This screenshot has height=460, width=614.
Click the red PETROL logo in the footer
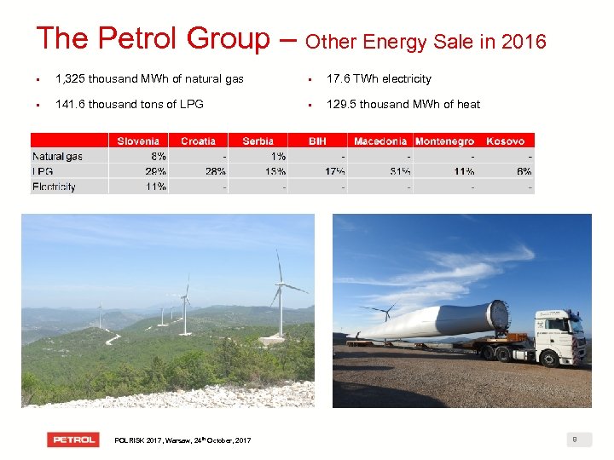[74, 440]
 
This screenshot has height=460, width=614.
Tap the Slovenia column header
[138, 141]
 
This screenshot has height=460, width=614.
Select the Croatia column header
[198, 141]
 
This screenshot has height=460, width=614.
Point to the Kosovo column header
[505, 141]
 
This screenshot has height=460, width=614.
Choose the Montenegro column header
[444, 141]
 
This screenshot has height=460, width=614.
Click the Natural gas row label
[57, 156]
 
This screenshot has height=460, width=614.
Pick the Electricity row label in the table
[54, 187]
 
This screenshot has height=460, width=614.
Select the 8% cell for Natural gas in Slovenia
[158, 156]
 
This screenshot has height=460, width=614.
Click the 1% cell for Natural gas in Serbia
[278, 156]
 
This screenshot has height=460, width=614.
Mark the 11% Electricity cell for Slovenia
[155, 187]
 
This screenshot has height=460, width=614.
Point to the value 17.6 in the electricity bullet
[339, 79]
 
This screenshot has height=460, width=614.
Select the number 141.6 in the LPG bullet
[72, 105]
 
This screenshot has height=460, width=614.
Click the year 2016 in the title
[524, 41]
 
